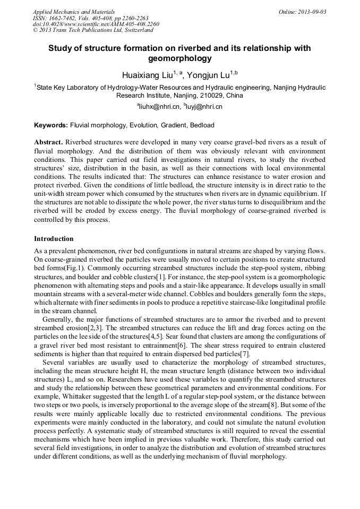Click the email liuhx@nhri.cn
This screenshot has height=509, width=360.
tap(159, 107)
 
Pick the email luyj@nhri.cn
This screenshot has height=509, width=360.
tap(204, 107)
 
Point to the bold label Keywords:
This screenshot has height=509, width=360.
tap(51, 126)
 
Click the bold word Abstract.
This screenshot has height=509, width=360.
tap(48, 143)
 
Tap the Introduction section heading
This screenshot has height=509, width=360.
tap(54, 239)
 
